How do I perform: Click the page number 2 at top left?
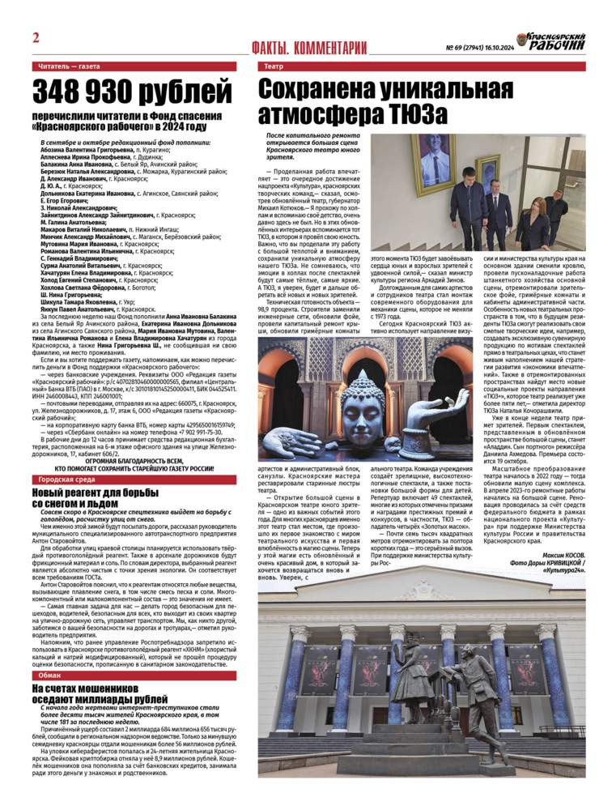point(36,38)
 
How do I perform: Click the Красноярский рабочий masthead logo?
point(559,42)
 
